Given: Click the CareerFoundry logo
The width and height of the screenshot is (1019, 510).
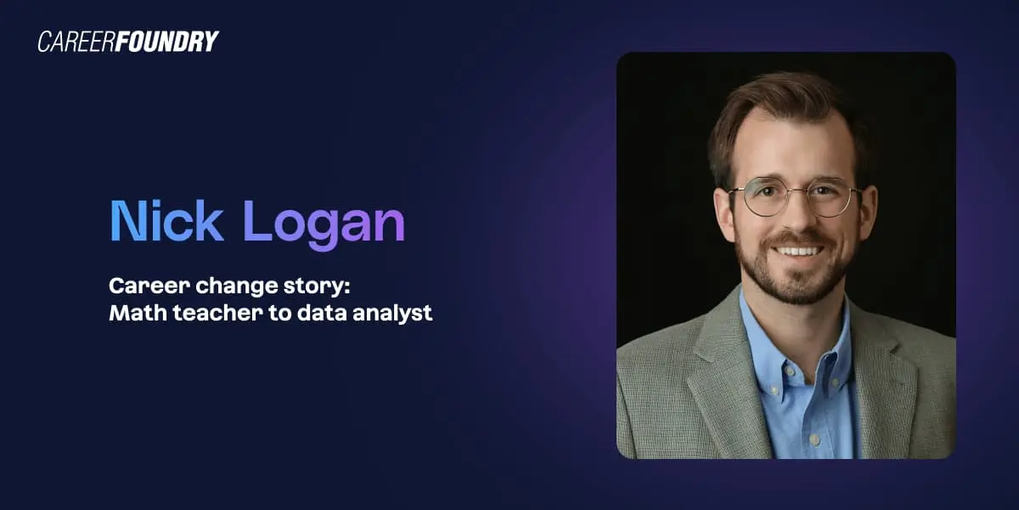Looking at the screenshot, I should point(128,42).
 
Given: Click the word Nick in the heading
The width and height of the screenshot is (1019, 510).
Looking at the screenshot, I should point(166,223).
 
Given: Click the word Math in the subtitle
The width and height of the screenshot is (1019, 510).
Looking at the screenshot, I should point(132,313).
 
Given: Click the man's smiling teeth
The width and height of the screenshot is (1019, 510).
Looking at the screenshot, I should point(799,251).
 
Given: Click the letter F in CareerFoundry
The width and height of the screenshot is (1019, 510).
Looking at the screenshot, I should point(130,42).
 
